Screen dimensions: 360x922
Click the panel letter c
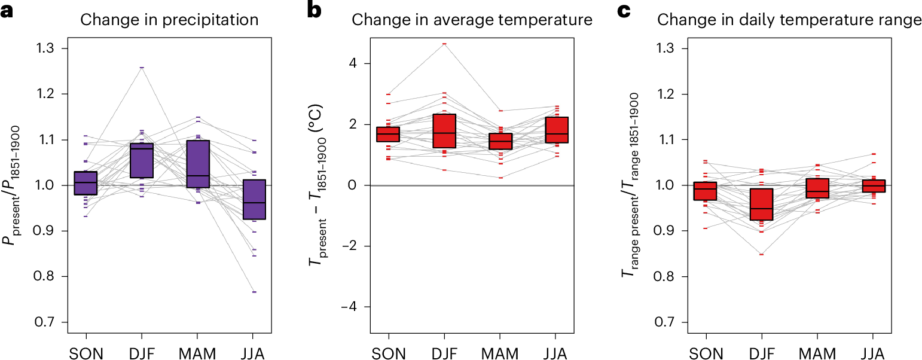click(623, 11)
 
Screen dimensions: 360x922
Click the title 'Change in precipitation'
click(169, 20)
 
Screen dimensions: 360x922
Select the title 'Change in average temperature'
click(472, 20)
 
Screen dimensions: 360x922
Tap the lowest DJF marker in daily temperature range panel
click(761, 254)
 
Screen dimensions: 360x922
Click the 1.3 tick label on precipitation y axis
click(50, 48)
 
